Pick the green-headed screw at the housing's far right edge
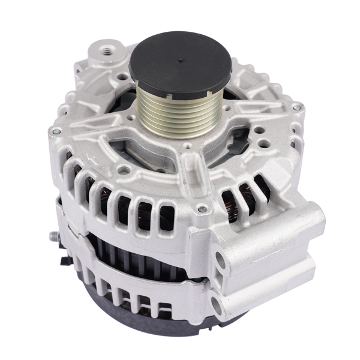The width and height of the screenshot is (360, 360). tap(295, 107)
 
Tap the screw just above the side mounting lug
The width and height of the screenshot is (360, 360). tap(202, 209)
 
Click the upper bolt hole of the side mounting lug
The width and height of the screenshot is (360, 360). tap(221, 259)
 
